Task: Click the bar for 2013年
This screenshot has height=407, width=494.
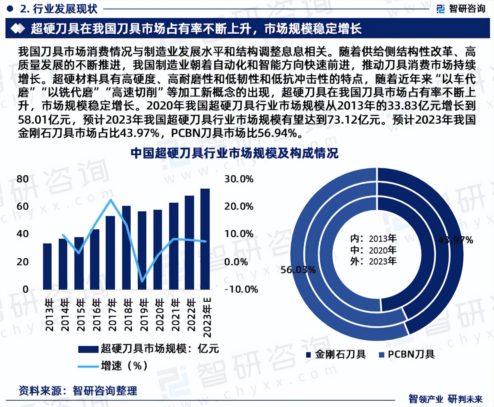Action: pyautogui.click(x=47, y=266)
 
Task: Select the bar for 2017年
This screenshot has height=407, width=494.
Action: pyautogui.click(x=110, y=252)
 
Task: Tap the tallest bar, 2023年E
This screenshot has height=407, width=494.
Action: pyautogui.click(x=205, y=239)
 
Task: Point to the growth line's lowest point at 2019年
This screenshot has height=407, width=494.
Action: pyautogui.click(x=142, y=281)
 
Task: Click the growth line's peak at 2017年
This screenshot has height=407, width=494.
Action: pyautogui.click(x=111, y=200)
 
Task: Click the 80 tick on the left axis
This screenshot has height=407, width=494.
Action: pyautogui.click(x=23, y=179)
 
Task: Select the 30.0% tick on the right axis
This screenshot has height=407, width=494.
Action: pyautogui.click(x=239, y=179)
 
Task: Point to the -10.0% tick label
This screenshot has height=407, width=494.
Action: pyautogui.click(x=241, y=289)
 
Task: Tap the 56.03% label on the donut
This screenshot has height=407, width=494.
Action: pyautogui.click(x=298, y=270)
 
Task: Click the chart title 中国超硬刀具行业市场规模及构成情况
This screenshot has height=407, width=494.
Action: pyautogui.click(x=234, y=153)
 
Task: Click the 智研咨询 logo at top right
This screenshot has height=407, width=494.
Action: pyautogui.click(x=461, y=9)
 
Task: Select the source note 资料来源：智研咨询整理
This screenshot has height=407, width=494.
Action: pyautogui.click(x=78, y=390)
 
